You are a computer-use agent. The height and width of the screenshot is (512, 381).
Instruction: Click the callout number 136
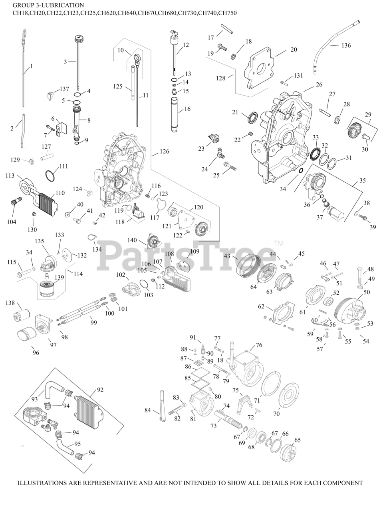346,45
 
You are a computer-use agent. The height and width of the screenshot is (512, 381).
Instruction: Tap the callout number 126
164,151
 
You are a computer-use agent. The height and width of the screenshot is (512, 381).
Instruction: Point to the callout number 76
259,345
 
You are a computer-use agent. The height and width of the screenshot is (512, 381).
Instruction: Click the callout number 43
227,256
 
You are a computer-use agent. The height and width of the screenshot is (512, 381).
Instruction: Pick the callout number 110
60,193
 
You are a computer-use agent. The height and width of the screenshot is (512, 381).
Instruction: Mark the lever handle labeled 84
163,406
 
